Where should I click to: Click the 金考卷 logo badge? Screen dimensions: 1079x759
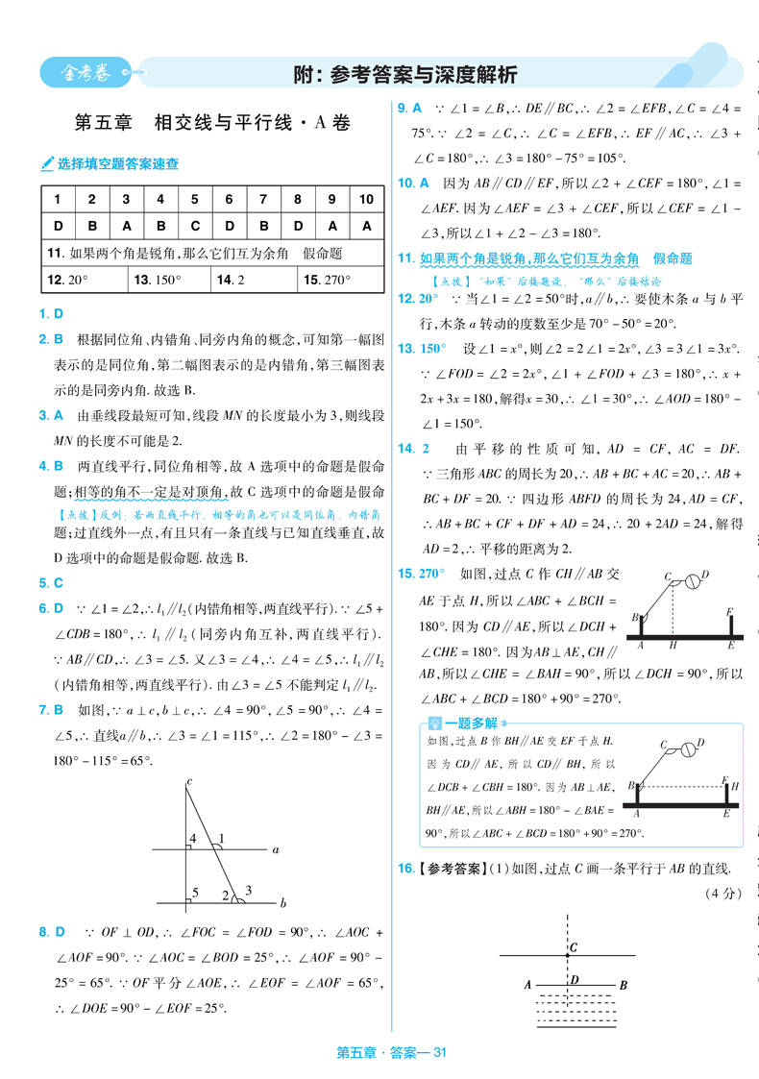point(86,72)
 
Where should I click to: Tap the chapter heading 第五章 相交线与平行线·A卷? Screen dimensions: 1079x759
point(211,123)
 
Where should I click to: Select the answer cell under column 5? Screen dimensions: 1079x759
point(195,226)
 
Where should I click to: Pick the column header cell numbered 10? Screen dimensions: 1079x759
point(366,199)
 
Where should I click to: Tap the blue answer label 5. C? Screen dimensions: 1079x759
point(51,582)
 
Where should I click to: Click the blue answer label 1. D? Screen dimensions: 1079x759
point(51,313)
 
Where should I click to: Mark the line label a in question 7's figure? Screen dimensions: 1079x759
point(276,849)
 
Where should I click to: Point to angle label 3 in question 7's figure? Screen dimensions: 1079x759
point(249,889)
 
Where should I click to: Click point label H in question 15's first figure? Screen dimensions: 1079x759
point(673,646)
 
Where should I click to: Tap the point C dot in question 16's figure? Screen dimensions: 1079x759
point(567,955)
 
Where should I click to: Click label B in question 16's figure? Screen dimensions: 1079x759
point(624,985)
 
